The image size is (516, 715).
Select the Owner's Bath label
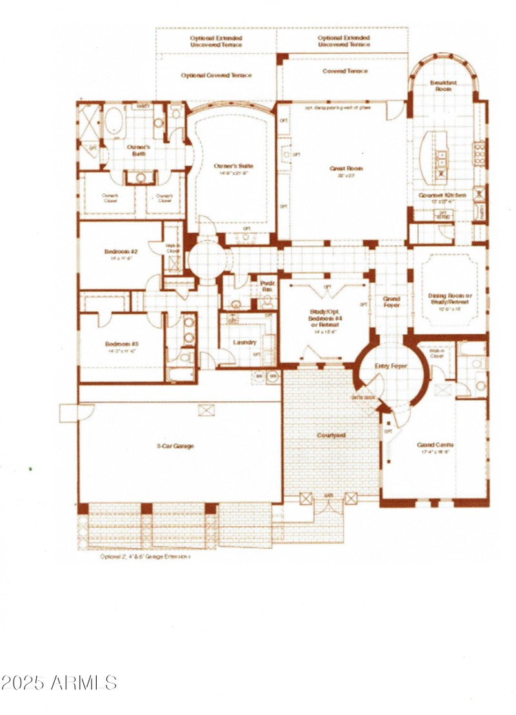click(138, 151)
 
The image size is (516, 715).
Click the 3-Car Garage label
click(174, 446)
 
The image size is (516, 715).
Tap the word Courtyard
click(331, 435)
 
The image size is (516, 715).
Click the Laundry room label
click(244, 342)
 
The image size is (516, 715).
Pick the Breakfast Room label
click(443, 86)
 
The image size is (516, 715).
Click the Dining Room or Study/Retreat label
click(450, 300)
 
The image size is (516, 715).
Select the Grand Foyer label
click(392, 301)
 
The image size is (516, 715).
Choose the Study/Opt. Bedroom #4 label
click(326, 319)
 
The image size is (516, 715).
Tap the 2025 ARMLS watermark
click(59, 682)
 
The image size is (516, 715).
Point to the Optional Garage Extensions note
click(145, 556)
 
